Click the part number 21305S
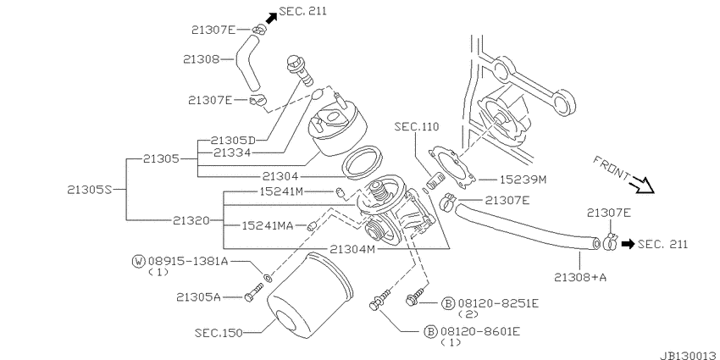click(x=89, y=189)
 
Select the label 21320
click(x=191, y=220)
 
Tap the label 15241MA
click(x=267, y=225)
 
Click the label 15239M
click(x=523, y=180)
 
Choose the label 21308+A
click(x=580, y=277)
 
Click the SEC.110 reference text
click(x=417, y=126)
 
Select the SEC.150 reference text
click(x=218, y=332)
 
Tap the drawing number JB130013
click(x=690, y=356)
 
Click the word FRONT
click(x=612, y=167)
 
